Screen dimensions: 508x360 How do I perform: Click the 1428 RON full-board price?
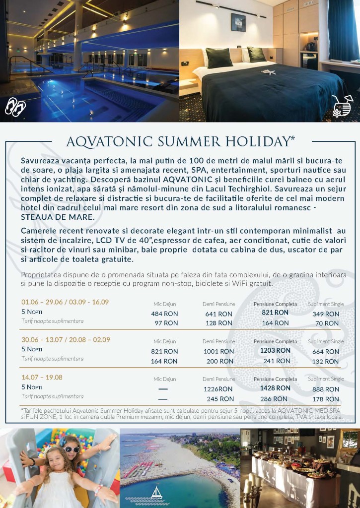point(275,388)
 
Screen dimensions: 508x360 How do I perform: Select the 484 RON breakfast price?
point(164,314)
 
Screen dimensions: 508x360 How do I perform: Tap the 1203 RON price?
point(275,350)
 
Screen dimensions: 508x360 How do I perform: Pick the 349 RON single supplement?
point(326,314)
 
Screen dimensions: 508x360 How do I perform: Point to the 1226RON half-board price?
point(218,389)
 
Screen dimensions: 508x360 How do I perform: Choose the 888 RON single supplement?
point(326,389)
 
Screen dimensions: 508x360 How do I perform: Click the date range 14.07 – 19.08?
point(42,377)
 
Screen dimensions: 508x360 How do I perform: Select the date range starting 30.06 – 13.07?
point(66,339)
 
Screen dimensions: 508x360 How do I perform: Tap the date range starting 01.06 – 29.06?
point(65,302)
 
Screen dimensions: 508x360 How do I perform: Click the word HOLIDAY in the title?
point(252,142)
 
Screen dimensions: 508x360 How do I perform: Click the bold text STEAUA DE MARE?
point(58,217)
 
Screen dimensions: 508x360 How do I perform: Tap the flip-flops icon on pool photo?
point(15,106)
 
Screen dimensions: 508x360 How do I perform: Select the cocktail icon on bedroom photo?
point(342,106)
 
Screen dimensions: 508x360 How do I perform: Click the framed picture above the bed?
point(238,23)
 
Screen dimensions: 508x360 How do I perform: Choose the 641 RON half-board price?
point(218,314)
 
